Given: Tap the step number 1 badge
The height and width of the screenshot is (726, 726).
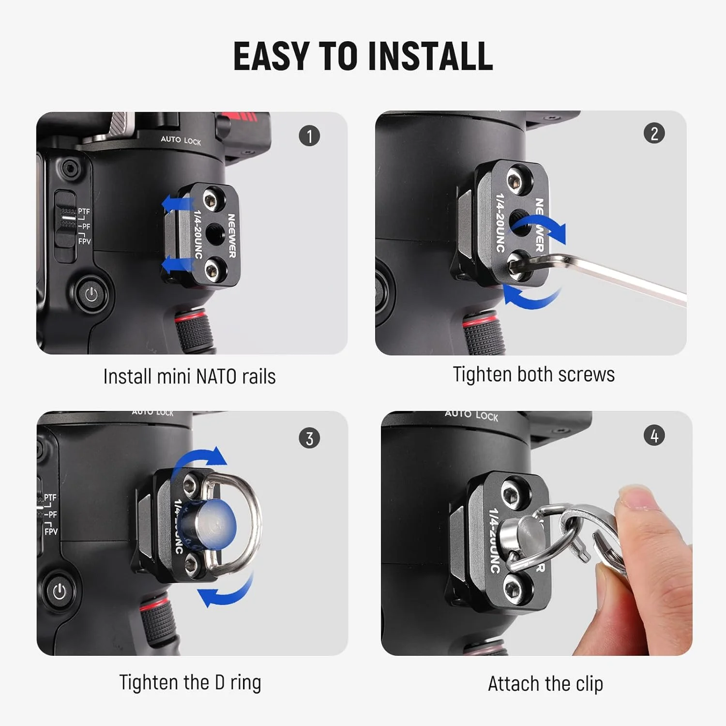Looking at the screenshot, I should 309,136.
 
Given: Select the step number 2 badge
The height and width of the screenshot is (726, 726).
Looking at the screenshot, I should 654,133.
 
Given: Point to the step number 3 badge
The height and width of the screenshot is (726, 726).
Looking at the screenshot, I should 309,438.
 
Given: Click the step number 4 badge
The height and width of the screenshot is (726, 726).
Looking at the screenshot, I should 654,436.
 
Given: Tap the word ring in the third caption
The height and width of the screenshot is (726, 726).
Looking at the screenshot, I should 245,682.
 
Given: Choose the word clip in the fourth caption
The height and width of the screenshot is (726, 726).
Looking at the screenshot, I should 589,684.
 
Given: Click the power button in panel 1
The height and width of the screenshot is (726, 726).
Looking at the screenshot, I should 91,294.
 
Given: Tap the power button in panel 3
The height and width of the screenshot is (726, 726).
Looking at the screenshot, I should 60,591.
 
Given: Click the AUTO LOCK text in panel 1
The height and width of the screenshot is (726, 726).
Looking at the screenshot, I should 181,140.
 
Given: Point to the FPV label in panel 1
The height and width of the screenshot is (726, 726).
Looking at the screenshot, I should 84,241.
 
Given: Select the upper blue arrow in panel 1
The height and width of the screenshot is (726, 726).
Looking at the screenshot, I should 172,204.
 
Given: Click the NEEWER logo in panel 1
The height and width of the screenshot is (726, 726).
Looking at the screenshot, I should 231,235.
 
